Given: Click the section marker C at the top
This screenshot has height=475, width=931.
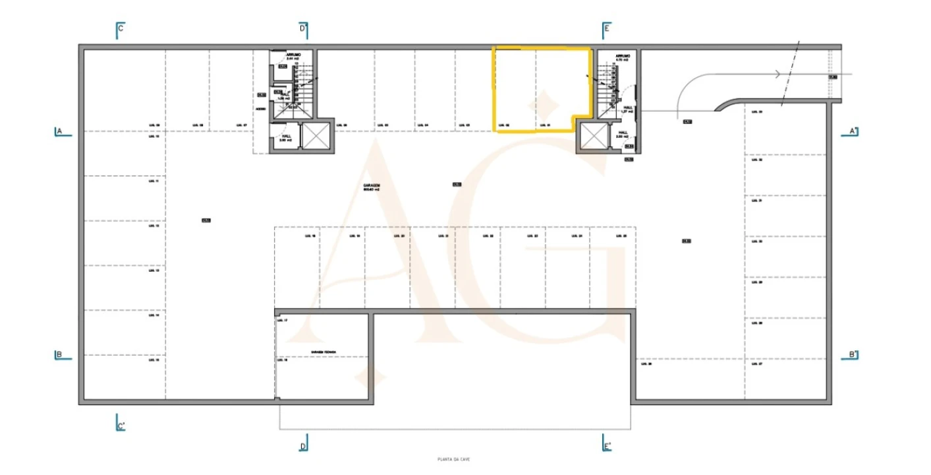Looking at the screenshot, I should [x=120, y=29].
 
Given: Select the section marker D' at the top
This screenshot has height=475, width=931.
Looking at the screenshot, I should [x=304, y=29].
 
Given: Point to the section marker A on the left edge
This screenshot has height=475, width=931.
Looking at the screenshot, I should [x=59, y=131].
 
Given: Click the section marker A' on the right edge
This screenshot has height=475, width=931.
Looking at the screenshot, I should [x=852, y=131].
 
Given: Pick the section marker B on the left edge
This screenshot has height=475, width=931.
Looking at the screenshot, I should [x=59, y=355].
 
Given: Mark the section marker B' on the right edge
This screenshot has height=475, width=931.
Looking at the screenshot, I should [x=852, y=355].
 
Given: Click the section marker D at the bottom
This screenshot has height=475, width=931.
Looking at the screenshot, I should [x=304, y=445].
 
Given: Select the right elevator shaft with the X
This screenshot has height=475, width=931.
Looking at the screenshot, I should [x=593, y=137].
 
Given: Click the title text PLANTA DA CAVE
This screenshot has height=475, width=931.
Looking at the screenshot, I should [x=454, y=459].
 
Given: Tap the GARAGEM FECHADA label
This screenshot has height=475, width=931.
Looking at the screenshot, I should [x=324, y=352].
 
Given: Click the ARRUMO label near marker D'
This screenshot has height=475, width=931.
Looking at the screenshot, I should [x=293, y=55].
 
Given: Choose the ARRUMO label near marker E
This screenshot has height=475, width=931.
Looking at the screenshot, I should [x=623, y=56].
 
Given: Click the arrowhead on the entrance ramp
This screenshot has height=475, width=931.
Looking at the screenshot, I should [x=779, y=74].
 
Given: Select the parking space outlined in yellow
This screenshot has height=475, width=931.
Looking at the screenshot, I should [x=540, y=89].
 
